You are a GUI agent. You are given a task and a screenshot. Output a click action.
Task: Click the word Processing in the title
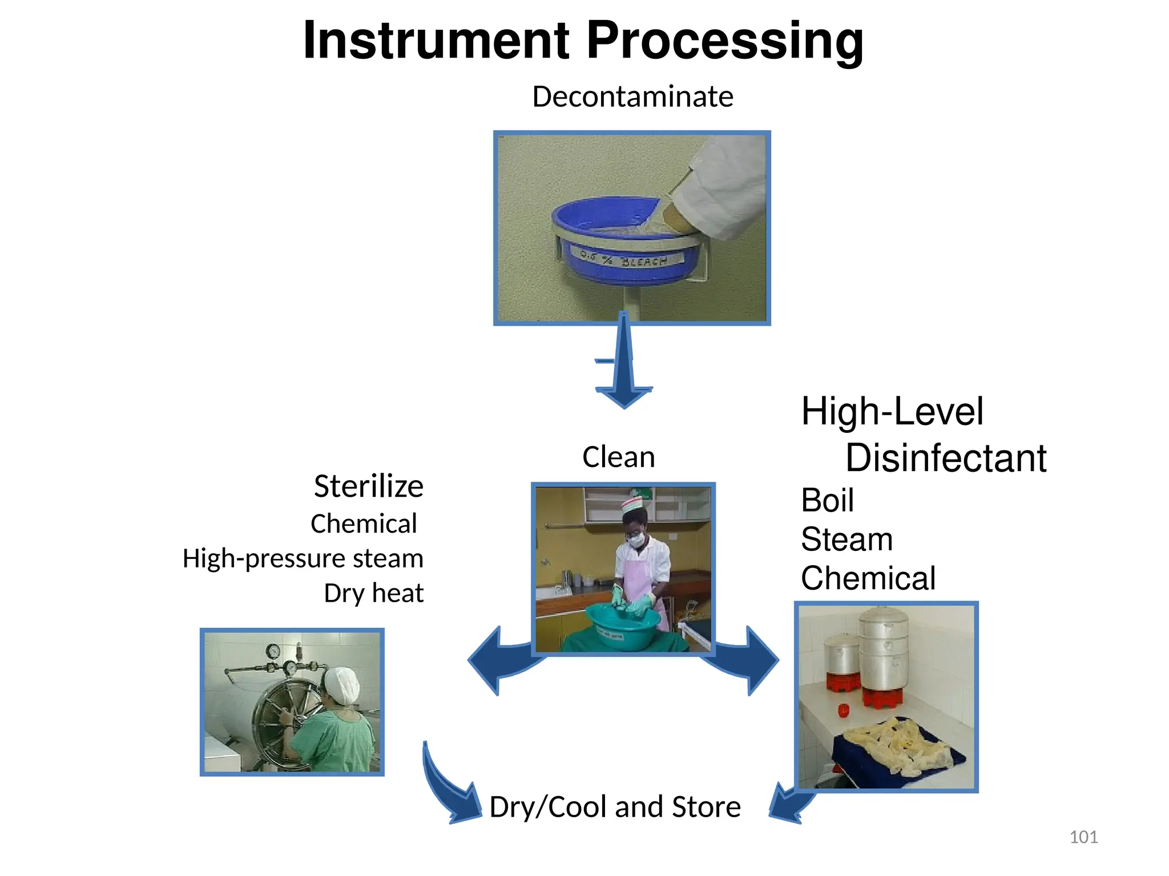tap(724, 41)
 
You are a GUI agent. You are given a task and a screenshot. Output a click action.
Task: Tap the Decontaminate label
tap(632, 96)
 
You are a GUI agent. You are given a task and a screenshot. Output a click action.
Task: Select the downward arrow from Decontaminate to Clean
tap(624, 371)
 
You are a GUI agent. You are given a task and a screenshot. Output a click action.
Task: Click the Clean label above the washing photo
tap(618, 457)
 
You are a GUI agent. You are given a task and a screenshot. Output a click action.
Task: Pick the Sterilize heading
tap(368, 486)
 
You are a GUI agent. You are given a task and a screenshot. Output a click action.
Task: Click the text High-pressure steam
tap(303, 558)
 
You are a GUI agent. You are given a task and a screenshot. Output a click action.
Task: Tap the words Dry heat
tap(373, 593)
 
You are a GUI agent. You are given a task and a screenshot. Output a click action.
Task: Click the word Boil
tap(827, 500)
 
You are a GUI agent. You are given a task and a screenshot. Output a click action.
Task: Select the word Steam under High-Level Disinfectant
tap(846, 539)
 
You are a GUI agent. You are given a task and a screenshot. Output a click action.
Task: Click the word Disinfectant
tap(945, 458)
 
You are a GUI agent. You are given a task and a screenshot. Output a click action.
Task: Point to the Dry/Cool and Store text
tap(615, 806)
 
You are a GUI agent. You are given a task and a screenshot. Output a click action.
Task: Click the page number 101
tap(1083, 837)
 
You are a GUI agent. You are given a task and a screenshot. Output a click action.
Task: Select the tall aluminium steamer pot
tap(883, 650)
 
